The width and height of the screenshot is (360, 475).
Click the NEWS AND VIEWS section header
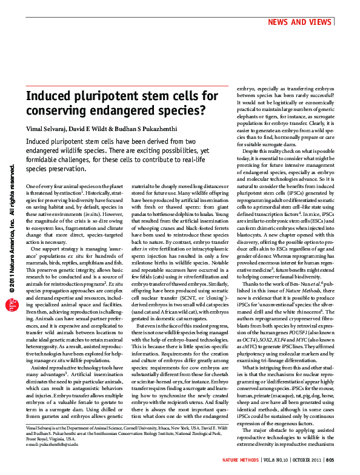tap(301, 22)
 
